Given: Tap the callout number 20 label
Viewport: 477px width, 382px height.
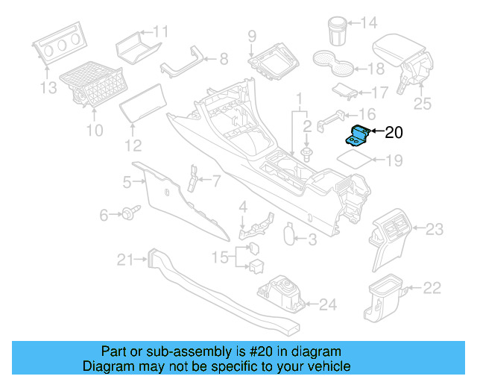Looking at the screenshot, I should [393, 134].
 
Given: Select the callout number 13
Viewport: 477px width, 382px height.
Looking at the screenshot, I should [48, 89].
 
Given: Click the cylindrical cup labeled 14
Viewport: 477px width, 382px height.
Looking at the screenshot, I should [337, 31].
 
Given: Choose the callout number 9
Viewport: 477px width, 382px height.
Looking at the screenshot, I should [252, 35].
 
